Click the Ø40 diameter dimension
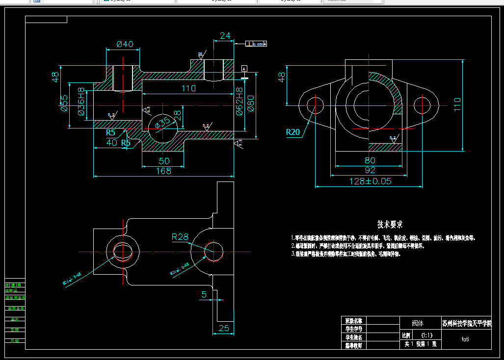(x=125, y=44)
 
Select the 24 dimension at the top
(x=225, y=36)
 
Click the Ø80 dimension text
(x=251, y=103)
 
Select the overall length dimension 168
(x=163, y=171)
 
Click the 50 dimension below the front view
(x=163, y=161)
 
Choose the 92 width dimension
(x=370, y=170)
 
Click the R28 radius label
(x=180, y=237)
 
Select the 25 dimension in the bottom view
(x=224, y=329)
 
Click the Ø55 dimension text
(x=64, y=103)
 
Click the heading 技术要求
(x=390, y=225)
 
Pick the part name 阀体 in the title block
(x=417, y=324)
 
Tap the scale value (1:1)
(x=423, y=335)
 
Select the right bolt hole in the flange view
(x=422, y=104)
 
